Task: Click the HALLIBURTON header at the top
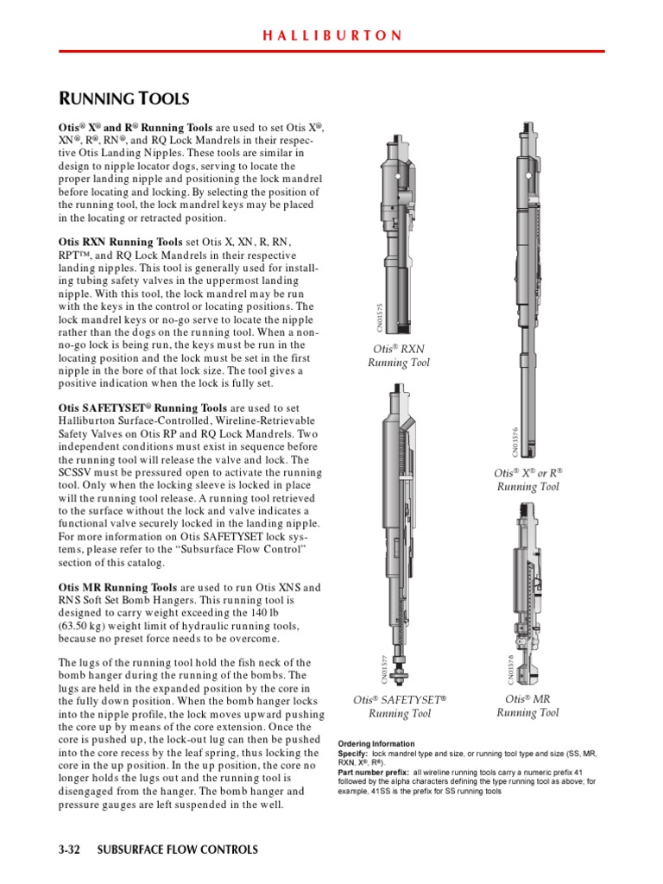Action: pos(332,35)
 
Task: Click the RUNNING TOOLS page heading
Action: pos(123,98)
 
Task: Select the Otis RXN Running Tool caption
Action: pos(398,356)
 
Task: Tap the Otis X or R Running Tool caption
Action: pos(527,480)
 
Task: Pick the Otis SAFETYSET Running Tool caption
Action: pos(400,706)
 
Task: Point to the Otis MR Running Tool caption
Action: pos(527,705)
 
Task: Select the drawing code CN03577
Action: pos(384,670)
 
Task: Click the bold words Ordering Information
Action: pos(376,743)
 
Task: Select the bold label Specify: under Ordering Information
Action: pos(353,754)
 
